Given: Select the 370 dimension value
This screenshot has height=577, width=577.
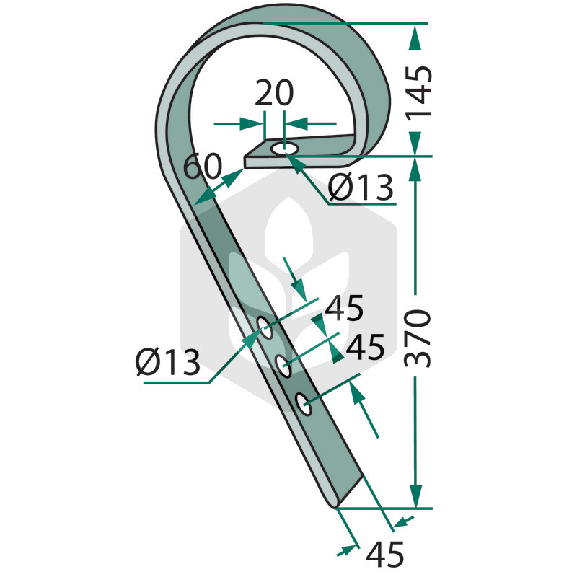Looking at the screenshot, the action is (418, 338).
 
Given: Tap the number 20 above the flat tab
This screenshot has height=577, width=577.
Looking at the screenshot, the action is (274, 93).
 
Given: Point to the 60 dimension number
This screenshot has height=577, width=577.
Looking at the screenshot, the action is (203, 167).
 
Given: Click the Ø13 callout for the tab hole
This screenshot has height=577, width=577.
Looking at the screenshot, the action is (361, 188).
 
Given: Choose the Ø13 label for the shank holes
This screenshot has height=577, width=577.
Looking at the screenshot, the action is (168, 363).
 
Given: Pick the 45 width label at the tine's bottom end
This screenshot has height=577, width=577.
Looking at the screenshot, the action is (385, 554).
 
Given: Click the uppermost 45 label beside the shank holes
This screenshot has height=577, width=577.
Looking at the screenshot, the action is (344, 308).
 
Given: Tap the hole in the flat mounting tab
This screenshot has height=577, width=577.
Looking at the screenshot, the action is (284, 149).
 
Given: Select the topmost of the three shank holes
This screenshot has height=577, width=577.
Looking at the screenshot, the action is (265, 327).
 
